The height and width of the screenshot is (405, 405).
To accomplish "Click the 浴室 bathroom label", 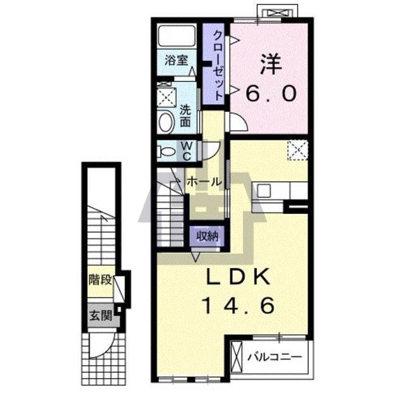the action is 177,61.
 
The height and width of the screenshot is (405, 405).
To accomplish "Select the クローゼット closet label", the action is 218,66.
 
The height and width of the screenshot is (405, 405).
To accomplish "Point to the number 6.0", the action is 271,94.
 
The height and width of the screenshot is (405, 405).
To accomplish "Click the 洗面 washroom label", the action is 185,116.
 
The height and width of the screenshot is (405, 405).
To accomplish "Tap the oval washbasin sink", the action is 166,122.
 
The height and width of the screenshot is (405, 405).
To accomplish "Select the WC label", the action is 187,151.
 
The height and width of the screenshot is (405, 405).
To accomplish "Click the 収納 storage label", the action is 207,236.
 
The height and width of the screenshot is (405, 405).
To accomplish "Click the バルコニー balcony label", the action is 275,357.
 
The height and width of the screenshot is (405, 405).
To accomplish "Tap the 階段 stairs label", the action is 100,280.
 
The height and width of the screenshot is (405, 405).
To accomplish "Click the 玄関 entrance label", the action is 101,315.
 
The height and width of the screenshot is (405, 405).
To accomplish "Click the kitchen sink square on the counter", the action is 264,190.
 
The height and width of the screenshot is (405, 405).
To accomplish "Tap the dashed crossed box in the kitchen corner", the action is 298,150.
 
